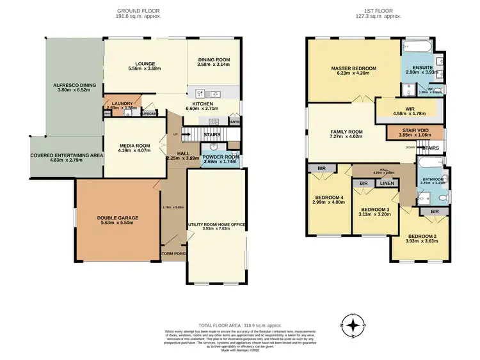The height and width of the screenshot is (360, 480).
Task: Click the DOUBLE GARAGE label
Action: point(117,218)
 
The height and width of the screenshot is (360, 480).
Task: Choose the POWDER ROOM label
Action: point(221,157)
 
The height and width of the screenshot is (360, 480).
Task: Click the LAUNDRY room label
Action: point(121,103)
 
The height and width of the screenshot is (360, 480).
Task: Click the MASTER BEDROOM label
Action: point(353,68)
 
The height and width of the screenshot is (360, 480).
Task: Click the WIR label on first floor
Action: point(400,109)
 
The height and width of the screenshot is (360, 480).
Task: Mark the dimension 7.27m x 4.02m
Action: point(346,137)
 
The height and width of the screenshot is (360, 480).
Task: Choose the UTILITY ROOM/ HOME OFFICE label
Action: point(216,225)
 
